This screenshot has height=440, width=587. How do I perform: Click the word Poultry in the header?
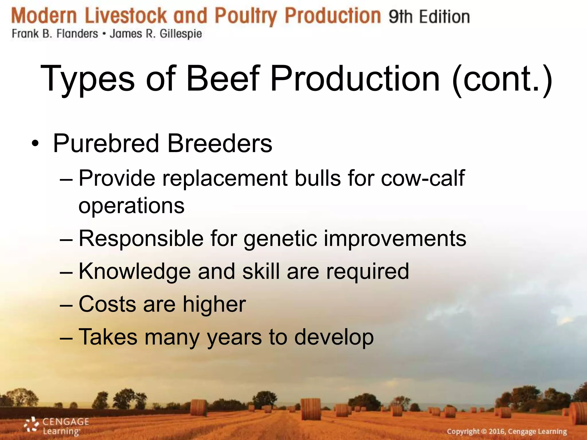pyautogui.click(x=246, y=16)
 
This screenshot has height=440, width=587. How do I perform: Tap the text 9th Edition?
pyautogui.click(x=429, y=17)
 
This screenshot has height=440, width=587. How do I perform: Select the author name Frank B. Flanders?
pyautogui.click(x=55, y=34)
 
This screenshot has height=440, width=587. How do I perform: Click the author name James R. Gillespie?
pyautogui.click(x=156, y=34)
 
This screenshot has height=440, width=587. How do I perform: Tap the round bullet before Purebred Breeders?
pyautogui.click(x=35, y=143)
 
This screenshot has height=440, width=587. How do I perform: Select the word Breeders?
pyautogui.click(x=219, y=143)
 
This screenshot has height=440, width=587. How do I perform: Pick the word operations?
pyautogui.click(x=131, y=205)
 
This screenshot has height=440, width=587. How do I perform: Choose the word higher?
pyautogui.click(x=214, y=304)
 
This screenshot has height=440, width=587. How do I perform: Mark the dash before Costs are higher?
pyautogui.click(x=66, y=305)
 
